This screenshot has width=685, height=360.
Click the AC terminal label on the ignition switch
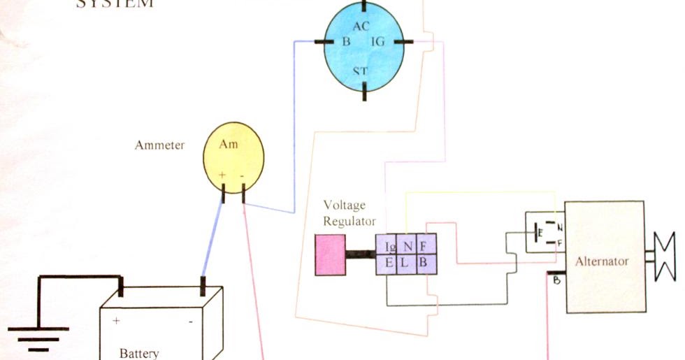pos(361,27)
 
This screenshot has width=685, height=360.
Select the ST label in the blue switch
pos(361,71)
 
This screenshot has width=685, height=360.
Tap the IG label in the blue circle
pos(378,43)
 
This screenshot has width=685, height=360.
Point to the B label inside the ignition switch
pos(345,42)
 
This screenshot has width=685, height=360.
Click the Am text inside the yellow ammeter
pos(229,144)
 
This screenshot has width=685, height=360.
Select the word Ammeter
pos(159,145)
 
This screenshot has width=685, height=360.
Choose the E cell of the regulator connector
pos(390,263)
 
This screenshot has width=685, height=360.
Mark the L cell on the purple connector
pos(407,263)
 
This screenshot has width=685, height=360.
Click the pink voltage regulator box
pos(330,254)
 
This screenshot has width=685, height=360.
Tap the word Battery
pos(139,353)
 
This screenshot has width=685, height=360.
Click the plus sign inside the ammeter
pos(222,175)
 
